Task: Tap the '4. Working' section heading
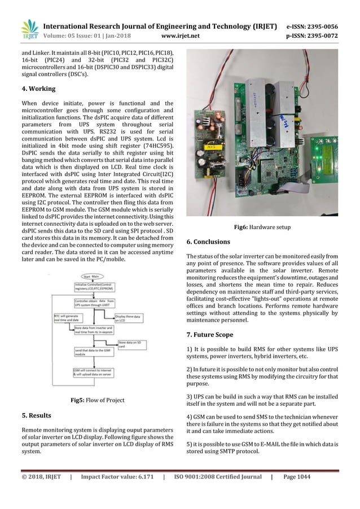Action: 38,89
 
